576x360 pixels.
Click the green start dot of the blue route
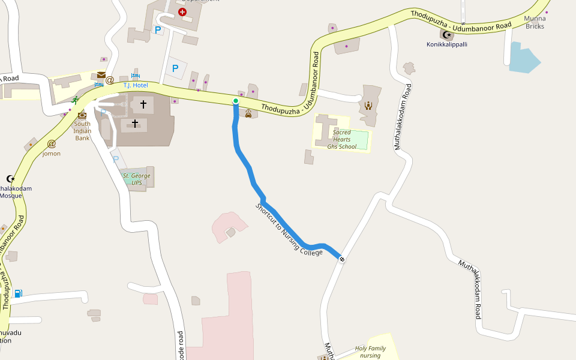236,101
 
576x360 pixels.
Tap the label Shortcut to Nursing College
289,230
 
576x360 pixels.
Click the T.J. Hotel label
136,85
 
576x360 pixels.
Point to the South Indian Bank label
83,131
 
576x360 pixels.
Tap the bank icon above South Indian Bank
82,115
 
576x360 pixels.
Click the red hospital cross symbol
182,11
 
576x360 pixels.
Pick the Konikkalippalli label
446,44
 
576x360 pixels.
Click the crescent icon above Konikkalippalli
446,35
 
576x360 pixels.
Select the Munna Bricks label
535,23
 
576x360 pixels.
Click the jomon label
52,154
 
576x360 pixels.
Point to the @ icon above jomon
52,144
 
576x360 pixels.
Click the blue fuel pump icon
19,293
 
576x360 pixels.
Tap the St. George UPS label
137,179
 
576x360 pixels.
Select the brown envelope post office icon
101,75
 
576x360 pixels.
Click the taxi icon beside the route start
248,113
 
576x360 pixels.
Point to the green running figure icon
75,100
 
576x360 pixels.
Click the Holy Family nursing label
370,352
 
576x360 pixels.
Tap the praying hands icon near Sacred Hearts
368,106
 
